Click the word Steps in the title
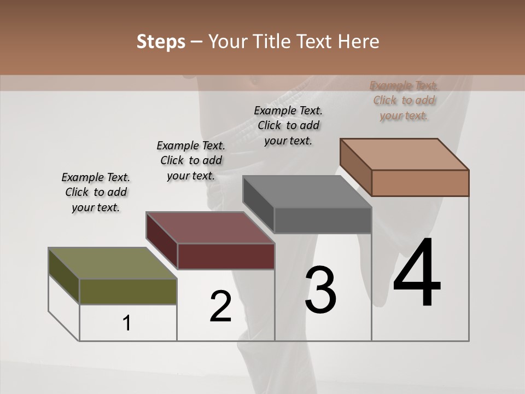[x=161, y=42]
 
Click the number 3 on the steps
[x=320, y=290]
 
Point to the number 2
[x=220, y=306]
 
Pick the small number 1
[x=127, y=323]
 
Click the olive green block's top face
[x=112, y=263]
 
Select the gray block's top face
[x=307, y=192]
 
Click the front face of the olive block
[x=128, y=292]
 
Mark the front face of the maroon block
[x=226, y=256]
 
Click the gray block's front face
[x=323, y=221]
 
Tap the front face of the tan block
[x=420, y=183]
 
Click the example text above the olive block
[x=96, y=192]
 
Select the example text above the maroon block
[x=191, y=160]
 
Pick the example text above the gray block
[x=288, y=125]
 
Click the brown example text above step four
[x=404, y=100]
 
